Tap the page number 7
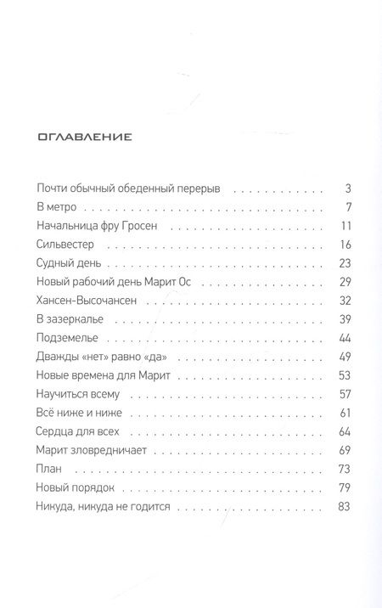(x=348, y=208)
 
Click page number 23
(x=345, y=267)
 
